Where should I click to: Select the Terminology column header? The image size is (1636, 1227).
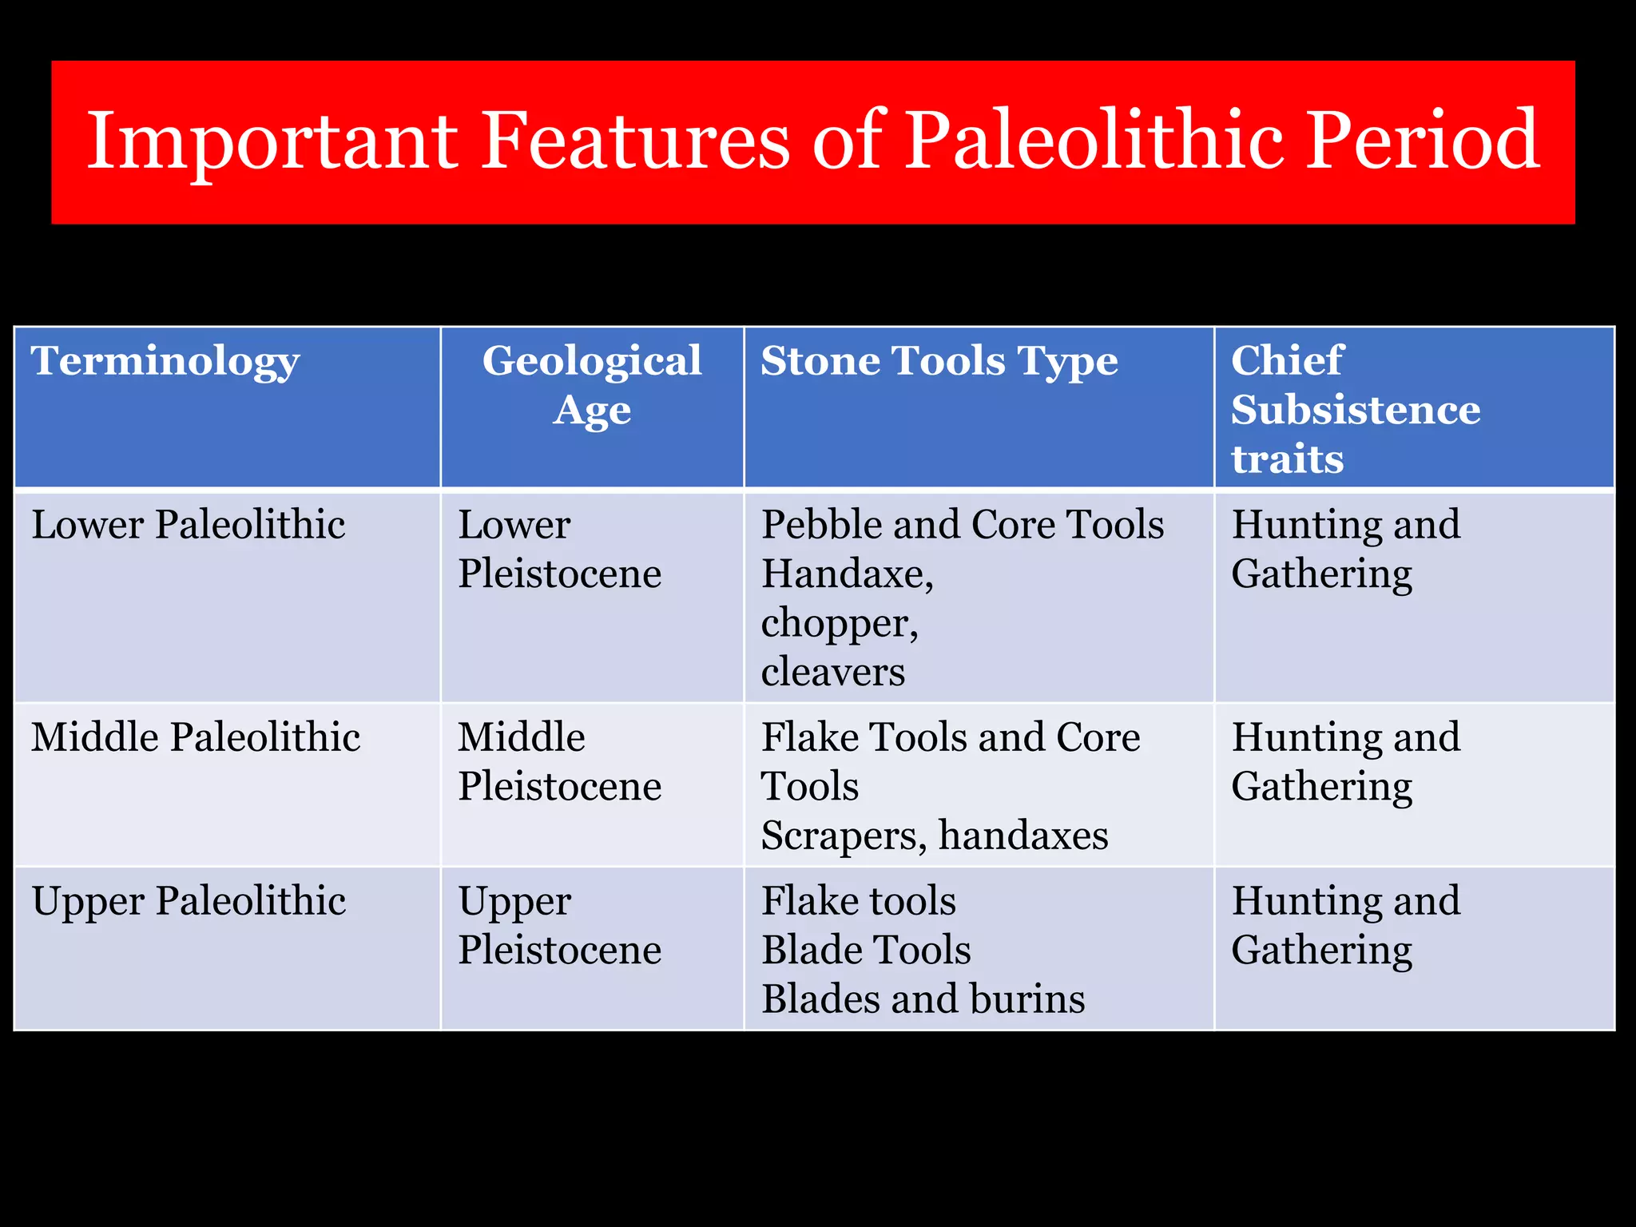165,361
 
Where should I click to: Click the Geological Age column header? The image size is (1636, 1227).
592,385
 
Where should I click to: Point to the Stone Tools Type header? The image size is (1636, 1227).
939,361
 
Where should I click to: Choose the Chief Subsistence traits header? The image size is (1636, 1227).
1355,410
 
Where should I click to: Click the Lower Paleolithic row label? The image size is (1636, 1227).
189,526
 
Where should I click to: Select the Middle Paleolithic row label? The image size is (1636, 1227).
196,737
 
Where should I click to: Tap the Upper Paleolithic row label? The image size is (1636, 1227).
189,902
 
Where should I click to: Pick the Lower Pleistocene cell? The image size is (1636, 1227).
559,550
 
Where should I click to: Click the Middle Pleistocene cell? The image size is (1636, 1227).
559,761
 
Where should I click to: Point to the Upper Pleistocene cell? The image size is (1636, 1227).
559,926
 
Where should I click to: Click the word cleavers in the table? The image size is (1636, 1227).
833,673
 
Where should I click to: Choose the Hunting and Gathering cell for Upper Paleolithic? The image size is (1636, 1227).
1345,926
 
